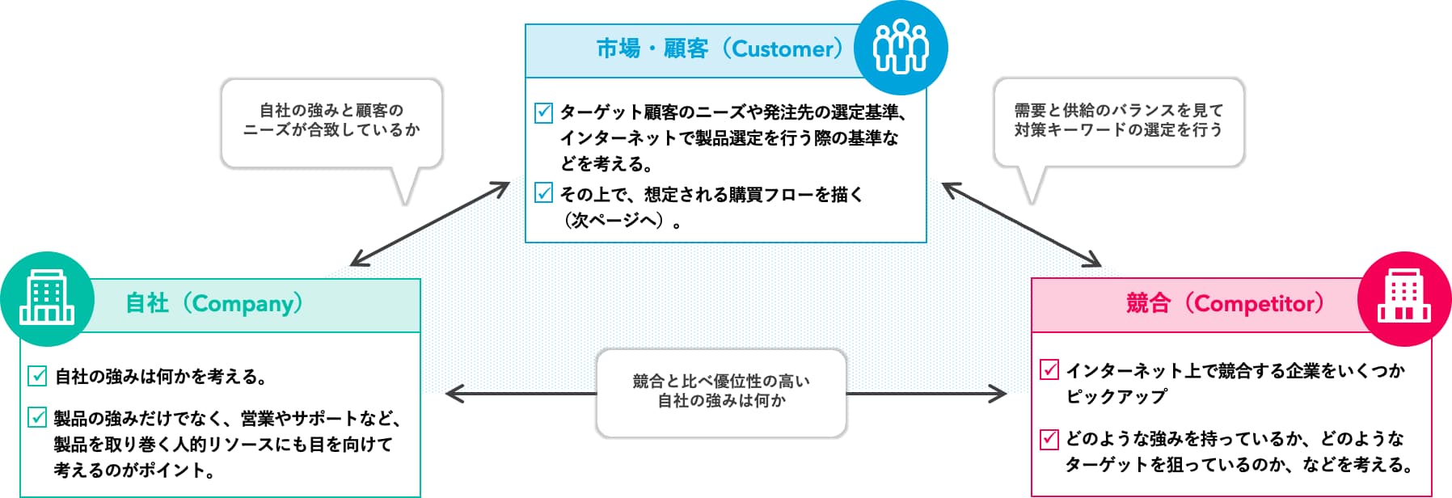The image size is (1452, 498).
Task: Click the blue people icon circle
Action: pyautogui.click(x=901, y=48)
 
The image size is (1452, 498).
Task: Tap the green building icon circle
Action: pyautogui.click(x=48, y=299)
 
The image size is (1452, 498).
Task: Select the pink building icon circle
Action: pyautogui.click(x=1404, y=299)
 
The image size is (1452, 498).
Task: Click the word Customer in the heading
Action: pyautogui.click(x=782, y=49)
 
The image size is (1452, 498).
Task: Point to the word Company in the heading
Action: pyautogui.click(x=242, y=304)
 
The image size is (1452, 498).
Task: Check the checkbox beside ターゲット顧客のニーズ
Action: pyautogui.click(x=544, y=112)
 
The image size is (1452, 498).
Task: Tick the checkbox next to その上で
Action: pyautogui.click(x=544, y=193)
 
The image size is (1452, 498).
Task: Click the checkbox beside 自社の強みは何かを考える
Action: pyautogui.click(x=37, y=375)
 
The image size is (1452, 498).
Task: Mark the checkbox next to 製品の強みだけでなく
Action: pyautogui.click(x=37, y=417)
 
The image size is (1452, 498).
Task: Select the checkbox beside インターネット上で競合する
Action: pyautogui.click(x=1049, y=370)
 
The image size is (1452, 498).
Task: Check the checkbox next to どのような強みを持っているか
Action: pyautogui.click(x=1049, y=438)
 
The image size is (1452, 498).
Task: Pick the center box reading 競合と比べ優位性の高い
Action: pyautogui.click(x=721, y=393)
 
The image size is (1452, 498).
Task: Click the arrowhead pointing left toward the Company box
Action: pyautogui.click(x=454, y=394)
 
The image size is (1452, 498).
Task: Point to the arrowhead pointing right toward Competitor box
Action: pyautogui.click(x=998, y=394)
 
